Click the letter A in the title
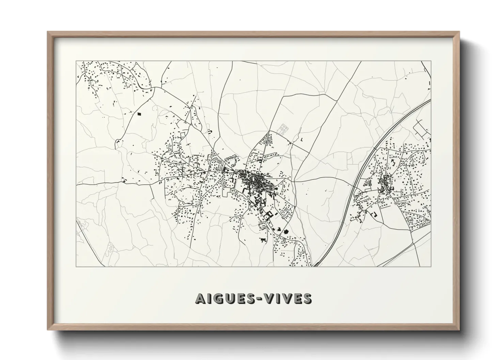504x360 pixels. [x=201, y=298]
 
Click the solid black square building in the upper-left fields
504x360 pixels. [x=139, y=114]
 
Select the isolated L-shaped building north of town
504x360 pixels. [x=302, y=139]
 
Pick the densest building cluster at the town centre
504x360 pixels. [x=254, y=179]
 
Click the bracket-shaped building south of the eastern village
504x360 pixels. [x=374, y=214]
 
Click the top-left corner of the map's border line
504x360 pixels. [x=76, y=61]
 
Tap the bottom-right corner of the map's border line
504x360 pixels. [x=431, y=266]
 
